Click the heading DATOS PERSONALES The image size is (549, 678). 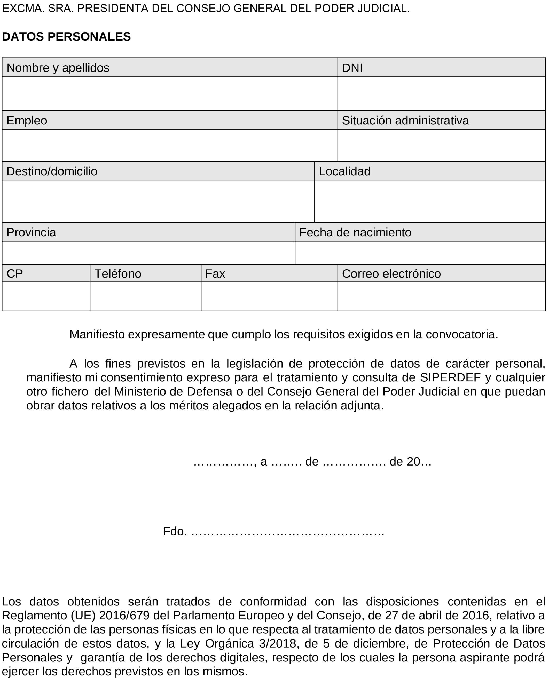(x=66, y=37)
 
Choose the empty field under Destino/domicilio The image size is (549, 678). (x=158, y=201)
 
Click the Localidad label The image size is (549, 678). (x=344, y=171)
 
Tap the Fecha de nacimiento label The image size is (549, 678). (x=355, y=232)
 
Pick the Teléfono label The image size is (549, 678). (x=118, y=273)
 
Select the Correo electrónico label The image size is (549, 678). (x=391, y=273)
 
